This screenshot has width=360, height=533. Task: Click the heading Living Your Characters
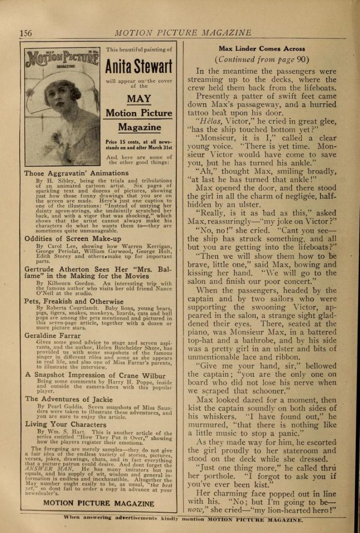click(65, 424)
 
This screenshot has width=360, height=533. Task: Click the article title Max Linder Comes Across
click(261, 48)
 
